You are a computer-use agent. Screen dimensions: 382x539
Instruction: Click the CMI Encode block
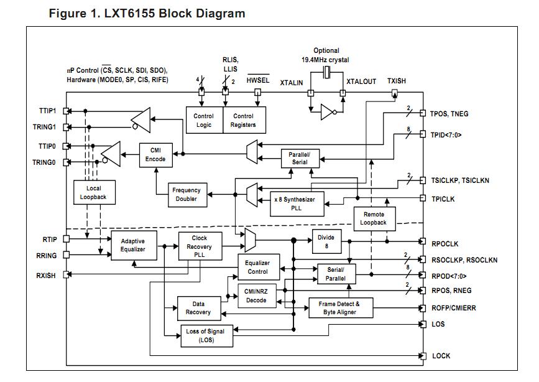click(x=155, y=154)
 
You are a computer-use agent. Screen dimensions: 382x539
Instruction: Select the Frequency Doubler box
click(x=185, y=195)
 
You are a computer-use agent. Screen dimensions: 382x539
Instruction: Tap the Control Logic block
click(x=203, y=120)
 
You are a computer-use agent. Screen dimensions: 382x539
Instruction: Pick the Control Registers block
click(x=243, y=120)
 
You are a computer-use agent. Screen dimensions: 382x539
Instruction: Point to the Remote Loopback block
click(x=373, y=218)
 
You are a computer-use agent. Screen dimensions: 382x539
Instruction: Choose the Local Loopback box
click(x=94, y=192)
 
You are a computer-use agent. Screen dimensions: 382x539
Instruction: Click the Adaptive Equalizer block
click(x=132, y=245)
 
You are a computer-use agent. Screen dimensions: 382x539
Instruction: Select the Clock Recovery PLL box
click(x=200, y=246)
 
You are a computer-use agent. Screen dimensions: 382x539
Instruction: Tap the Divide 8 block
click(x=326, y=241)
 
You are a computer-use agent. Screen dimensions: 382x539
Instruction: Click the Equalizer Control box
click(x=257, y=268)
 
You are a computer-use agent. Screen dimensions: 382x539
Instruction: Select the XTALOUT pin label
click(x=361, y=82)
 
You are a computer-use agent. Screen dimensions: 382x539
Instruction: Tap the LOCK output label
click(x=441, y=356)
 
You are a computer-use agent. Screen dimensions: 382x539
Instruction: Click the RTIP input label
click(x=50, y=239)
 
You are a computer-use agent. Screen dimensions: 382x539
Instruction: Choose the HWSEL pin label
click(x=257, y=81)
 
